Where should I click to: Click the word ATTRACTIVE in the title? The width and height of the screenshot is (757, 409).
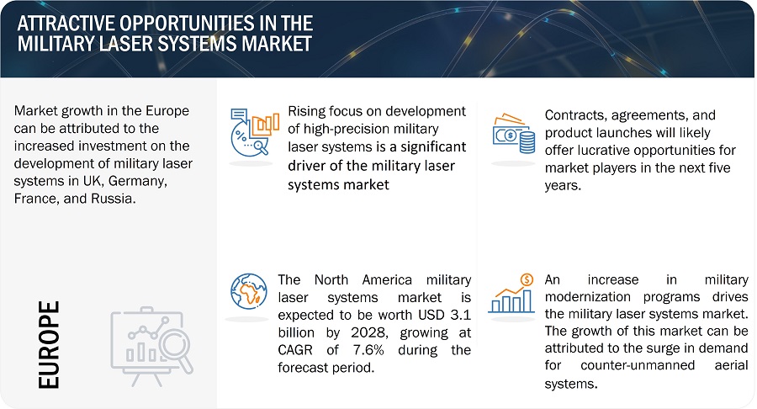click(x=65, y=24)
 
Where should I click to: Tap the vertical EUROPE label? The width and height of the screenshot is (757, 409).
click(x=49, y=345)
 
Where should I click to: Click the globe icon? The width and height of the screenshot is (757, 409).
click(x=249, y=292)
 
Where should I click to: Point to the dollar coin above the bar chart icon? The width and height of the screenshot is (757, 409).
click(x=527, y=279)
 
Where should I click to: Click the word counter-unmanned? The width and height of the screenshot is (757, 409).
click(x=638, y=365)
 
